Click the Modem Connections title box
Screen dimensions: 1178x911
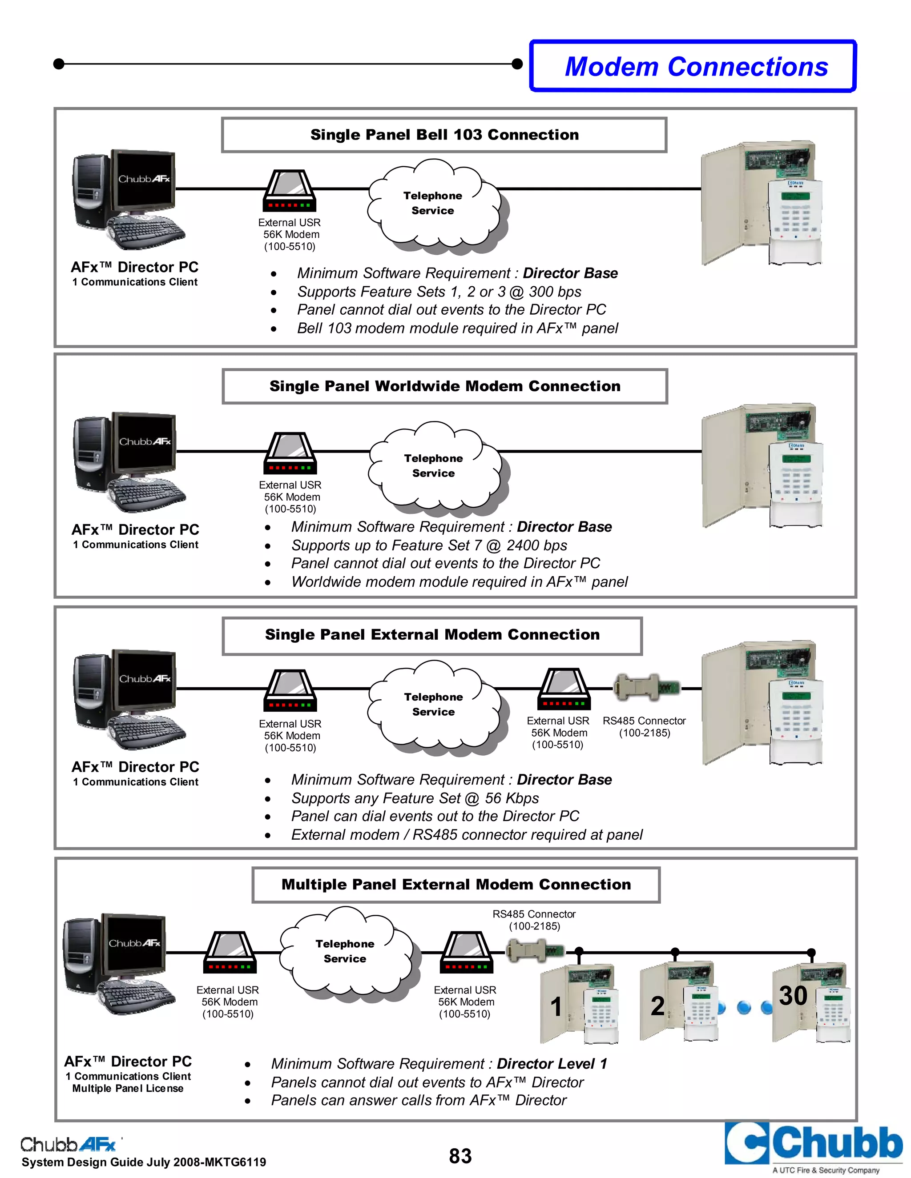[x=693, y=67]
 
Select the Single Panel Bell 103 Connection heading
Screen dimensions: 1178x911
[x=444, y=135]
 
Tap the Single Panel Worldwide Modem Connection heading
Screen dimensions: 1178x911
[x=445, y=386]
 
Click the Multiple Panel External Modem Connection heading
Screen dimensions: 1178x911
[x=456, y=885]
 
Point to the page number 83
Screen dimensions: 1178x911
[x=460, y=1156]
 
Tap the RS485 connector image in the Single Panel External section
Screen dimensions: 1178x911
[x=646, y=688]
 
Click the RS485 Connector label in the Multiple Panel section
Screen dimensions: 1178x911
[x=534, y=920]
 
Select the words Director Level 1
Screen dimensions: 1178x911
[x=552, y=1064]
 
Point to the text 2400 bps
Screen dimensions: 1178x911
[x=536, y=545]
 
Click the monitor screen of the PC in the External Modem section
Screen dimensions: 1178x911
[x=145, y=679]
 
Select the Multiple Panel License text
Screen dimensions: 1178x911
[x=128, y=1089]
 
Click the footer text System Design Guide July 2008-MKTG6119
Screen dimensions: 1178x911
[x=144, y=1162]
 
